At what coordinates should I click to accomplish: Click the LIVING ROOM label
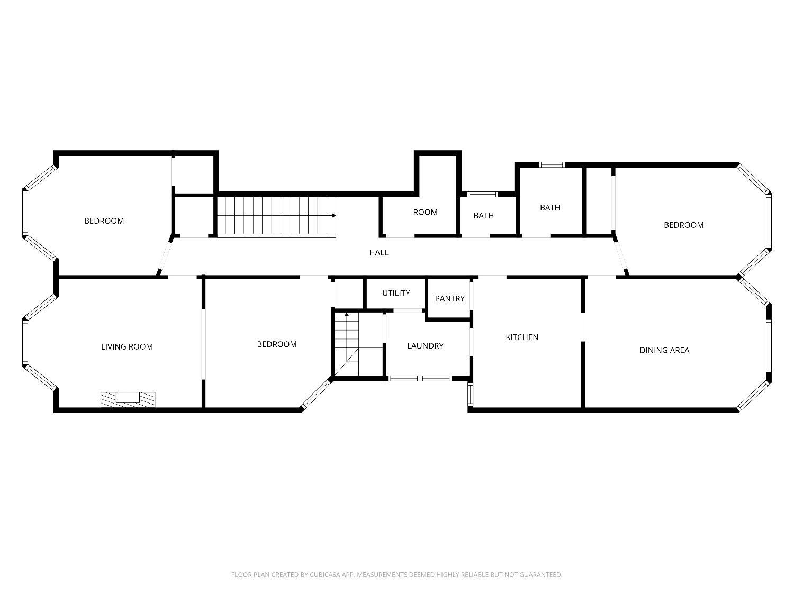[127, 347]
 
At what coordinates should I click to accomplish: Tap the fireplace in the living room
[128, 400]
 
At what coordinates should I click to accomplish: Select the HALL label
[378, 253]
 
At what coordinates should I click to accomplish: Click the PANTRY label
[449, 299]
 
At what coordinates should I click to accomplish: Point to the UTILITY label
[396, 294]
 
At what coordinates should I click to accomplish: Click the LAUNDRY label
[426, 346]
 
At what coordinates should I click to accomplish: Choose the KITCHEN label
[522, 337]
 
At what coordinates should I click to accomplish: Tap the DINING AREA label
[664, 351]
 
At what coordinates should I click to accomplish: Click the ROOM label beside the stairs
[426, 213]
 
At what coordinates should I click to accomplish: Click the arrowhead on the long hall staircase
[334, 216]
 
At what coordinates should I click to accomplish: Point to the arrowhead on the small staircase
[347, 314]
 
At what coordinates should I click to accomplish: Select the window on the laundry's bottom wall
[420, 378]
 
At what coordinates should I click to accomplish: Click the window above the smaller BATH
[483, 194]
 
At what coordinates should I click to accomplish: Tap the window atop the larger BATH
[552, 164]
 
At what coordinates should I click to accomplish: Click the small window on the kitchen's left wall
[470, 394]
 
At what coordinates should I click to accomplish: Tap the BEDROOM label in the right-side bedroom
[684, 225]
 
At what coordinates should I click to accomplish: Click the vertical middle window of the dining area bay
[769, 345]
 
